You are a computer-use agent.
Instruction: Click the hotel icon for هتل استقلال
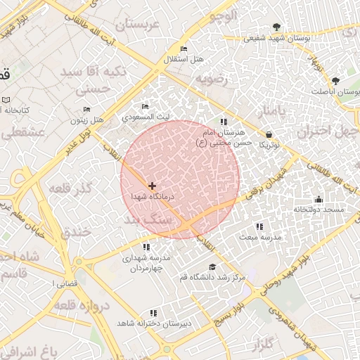(x=184, y=49)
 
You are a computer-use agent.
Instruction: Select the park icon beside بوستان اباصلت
(x=335, y=81)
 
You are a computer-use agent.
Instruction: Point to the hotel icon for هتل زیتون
(x=86, y=110)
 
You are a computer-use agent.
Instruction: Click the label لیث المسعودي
(x=145, y=117)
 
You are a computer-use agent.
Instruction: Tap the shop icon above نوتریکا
(x=269, y=134)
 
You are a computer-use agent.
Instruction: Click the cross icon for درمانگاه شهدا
(x=153, y=185)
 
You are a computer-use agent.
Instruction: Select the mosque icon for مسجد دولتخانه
(x=319, y=199)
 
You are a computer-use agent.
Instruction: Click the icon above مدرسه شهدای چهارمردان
(x=146, y=247)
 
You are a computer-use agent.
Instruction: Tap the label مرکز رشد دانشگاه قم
(x=213, y=277)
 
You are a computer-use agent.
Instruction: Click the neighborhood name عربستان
(x=139, y=25)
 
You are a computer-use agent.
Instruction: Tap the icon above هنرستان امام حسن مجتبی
(x=224, y=122)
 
